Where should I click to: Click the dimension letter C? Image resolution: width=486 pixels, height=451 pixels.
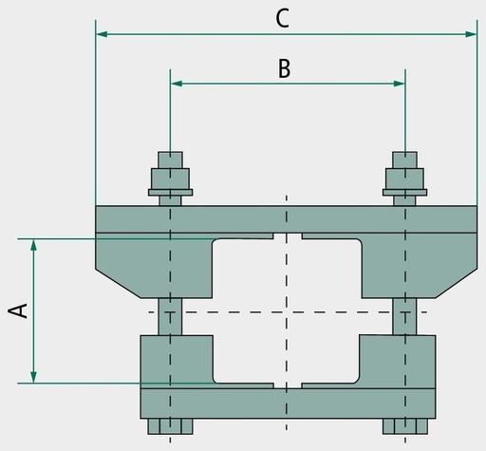(282, 18)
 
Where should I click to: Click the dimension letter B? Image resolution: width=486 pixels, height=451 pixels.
(284, 68)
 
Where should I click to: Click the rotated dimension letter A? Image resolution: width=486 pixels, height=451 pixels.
(18, 310)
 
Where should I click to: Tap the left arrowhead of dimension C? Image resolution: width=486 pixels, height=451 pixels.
(102, 34)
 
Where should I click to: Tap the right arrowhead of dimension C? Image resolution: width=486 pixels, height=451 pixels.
(471, 34)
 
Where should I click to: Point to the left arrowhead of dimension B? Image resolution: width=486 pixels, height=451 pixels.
(177, 84)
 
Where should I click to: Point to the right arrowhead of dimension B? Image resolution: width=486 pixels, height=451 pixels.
(399, 84)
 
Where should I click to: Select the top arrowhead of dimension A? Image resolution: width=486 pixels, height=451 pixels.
(33, 245)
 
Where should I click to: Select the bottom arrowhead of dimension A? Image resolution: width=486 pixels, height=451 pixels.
(33, 377)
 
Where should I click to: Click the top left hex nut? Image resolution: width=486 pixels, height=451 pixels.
(170, 179)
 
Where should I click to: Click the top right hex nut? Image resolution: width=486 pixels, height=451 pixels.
(404, 179)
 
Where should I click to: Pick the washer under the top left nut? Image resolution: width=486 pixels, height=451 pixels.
(170, 192)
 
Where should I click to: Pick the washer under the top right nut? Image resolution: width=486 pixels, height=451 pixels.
(404, 192)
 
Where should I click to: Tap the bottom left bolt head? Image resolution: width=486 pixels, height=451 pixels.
(170, 426)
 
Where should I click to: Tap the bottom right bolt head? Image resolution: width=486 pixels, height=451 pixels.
(405, 426)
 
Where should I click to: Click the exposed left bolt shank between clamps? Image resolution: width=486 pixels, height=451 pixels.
(170, 316)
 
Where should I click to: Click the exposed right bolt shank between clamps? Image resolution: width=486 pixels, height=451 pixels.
(404, 316)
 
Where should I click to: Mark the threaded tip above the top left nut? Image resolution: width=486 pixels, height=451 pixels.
(170, 160)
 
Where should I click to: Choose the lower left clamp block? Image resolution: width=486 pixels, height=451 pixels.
(178, 362)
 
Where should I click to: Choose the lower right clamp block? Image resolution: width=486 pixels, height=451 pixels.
(398, 362)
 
